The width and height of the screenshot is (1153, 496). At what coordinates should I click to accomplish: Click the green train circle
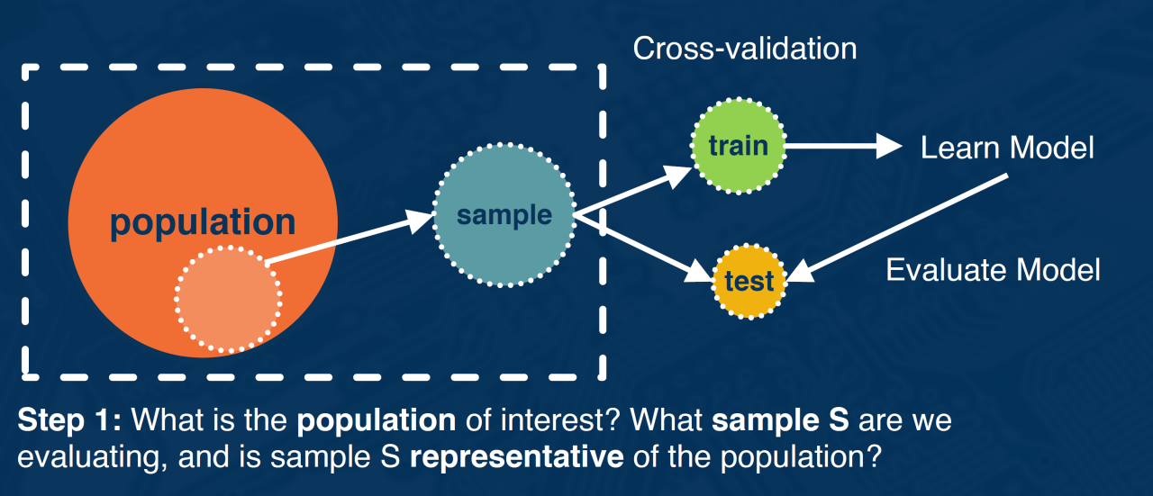(x=738, y=145)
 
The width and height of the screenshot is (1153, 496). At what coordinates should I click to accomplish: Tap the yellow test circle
(x=749, y=282)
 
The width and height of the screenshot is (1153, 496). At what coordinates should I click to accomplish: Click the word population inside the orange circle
(x=203, y=222)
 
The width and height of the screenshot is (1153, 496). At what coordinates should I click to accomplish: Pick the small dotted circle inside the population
(x=227, y=299)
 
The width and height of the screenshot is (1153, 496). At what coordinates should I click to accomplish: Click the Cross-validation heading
(x=744, y=49)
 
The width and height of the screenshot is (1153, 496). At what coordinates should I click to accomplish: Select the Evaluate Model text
(x=993, y=269)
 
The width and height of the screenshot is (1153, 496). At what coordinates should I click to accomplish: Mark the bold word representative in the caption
(x=515, y=456)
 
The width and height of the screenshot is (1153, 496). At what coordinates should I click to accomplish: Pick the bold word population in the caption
(x=377, y=420)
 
